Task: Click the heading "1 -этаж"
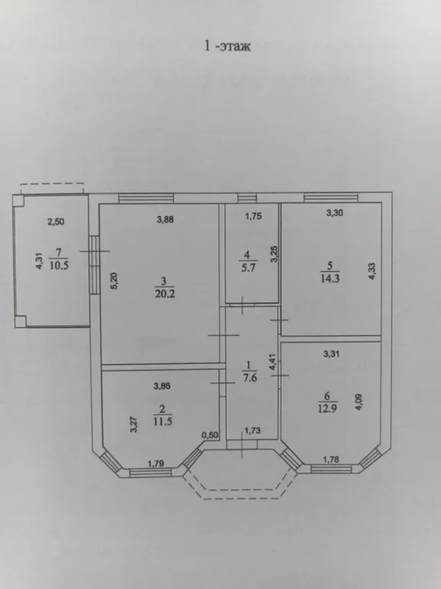[x=227, y=46]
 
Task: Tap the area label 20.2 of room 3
[x=165, y=294]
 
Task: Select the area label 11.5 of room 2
[x=162, y=421]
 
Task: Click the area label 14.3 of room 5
[x=330, y=278]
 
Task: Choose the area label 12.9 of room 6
[x=328, y=408]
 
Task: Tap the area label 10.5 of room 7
[x=59, y=265]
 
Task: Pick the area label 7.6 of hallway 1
[x=250, y=377]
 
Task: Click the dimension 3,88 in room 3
[x=165, y=219]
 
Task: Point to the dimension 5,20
[x=115, y=280]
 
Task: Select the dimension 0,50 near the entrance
[x=210, y=435]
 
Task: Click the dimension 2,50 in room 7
[x=55, y=222]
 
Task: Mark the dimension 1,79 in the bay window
[x=155, y=463]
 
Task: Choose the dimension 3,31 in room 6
[x=331, y=354]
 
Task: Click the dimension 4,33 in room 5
[x=371, y=271]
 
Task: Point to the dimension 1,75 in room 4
[x=253, y=216]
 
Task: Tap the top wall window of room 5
[x=331, y=197]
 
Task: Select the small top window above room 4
[x=247, y=198]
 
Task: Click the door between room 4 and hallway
[x=243, y=304]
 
